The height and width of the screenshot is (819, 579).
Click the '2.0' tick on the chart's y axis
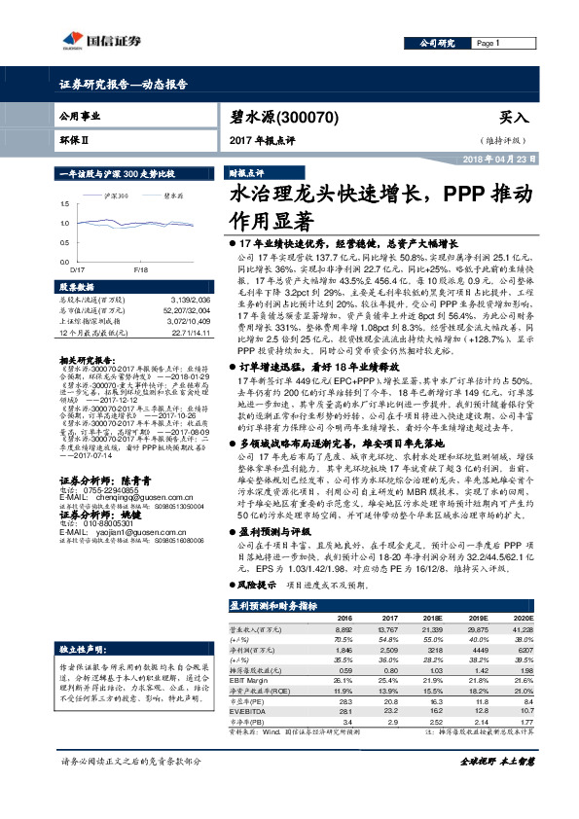[65, 202]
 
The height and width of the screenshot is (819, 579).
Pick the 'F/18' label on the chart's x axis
[140, 266]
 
